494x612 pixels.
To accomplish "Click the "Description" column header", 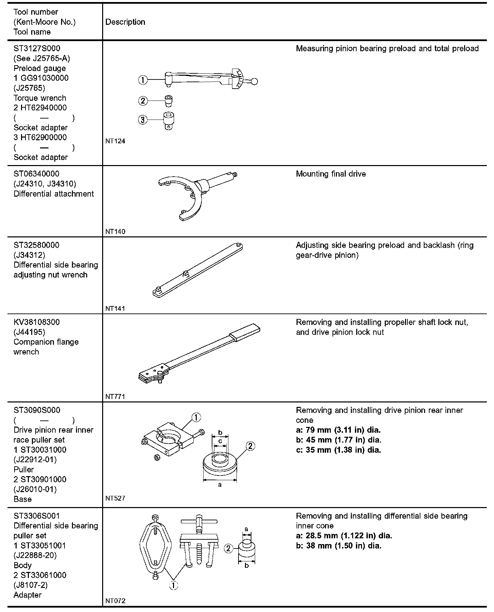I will coord(125,22).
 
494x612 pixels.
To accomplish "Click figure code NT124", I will coord(115,141).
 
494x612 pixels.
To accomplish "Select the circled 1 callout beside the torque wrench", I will coord(143,80).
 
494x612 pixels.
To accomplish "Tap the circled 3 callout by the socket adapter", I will coord(143,120).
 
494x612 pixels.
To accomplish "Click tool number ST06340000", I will coord(36,174).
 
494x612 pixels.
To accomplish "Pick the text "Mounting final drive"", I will coord(331,174).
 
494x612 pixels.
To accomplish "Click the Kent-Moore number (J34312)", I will coord(29,255).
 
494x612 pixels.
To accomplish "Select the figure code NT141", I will coord(115,308).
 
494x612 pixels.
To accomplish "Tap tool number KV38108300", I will coord(37,322).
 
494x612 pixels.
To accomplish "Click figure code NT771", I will coord(115,396).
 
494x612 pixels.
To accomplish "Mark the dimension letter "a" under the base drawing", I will coord(220,485).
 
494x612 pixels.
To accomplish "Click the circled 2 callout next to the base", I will coord(250,446).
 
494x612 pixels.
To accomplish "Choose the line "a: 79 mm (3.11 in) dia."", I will coord(338,430).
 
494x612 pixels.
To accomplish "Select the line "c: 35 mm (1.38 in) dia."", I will coord(338,450).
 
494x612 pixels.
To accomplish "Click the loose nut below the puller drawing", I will coord(157,457).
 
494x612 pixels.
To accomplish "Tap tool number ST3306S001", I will coord(37,516).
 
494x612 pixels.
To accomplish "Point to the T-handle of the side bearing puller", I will coord(199,521).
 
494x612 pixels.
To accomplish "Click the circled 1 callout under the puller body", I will coord(173,585).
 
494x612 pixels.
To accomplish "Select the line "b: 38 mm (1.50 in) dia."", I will coord(339,546).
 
